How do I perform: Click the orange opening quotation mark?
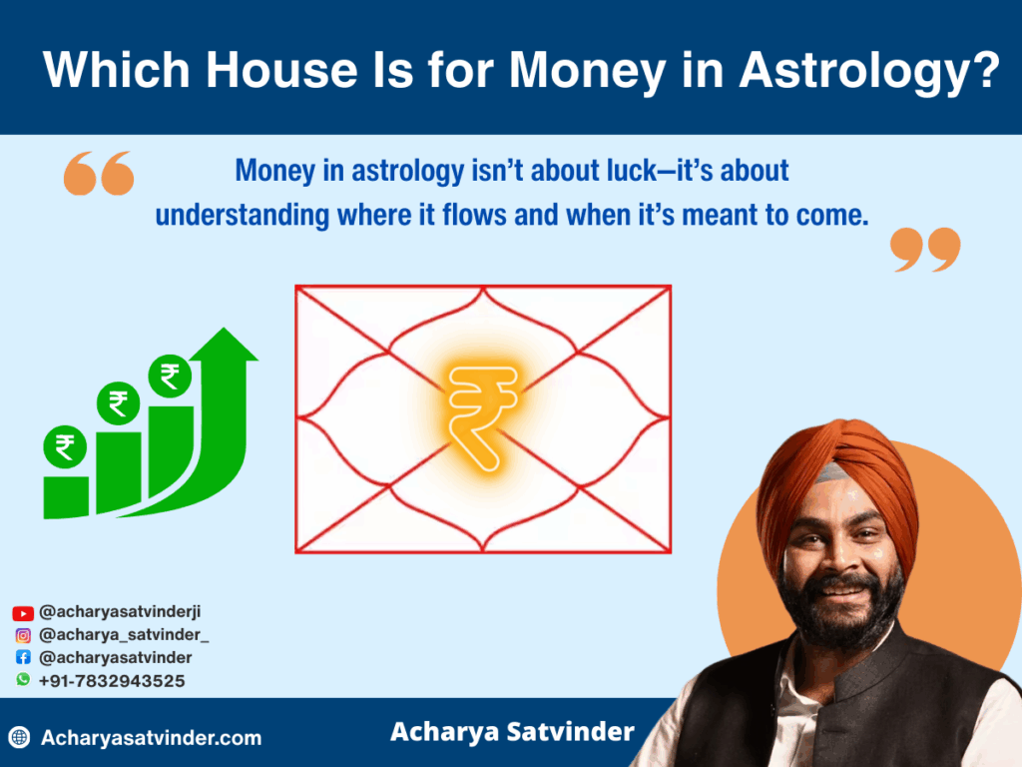tap(99, 174)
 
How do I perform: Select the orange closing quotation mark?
tap(925, 249)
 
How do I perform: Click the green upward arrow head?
tap(225, 345)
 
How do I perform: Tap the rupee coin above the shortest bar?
tap(65, 446)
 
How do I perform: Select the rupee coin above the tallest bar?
tap(170, 376)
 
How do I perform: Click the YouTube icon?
tap(23, 613)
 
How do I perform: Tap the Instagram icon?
tap(23, 635)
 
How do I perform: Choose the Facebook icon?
tap(23, 657)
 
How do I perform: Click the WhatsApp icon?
tap(23, 679)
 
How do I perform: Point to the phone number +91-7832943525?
tap(112, 681)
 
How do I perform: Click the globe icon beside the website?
tap(20, 738)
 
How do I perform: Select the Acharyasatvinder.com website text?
tap(152, 738)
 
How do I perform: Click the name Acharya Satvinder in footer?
tap(512, 732)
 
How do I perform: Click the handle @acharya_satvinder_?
tap(124, 635)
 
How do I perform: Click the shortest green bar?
tap(66, 497)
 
